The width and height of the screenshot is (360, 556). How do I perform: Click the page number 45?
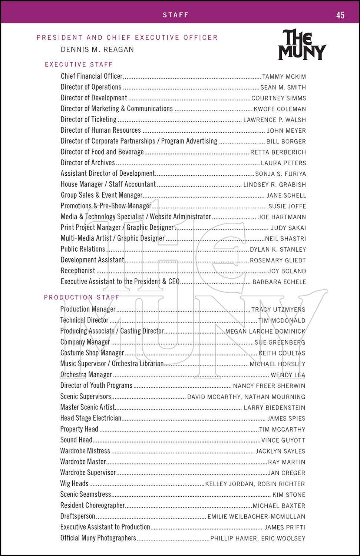coord(340,15)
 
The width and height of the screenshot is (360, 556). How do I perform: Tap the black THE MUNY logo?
coord(302,45)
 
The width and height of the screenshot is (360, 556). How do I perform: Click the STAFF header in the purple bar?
coord(176,15)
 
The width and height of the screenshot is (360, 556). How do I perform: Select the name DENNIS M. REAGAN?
coord(97,49)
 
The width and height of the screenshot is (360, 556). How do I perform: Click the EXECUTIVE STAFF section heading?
coord(79,64)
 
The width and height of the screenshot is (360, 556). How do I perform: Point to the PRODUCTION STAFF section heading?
coord(82,297)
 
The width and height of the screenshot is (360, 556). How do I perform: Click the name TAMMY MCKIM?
coord(284,77)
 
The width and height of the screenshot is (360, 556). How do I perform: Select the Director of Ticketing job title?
coord(89,119)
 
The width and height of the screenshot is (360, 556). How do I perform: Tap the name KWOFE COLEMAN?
coord(280,109)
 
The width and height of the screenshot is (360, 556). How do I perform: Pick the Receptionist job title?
coord(78,271)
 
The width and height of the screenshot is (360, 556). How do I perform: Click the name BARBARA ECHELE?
coord(279,282)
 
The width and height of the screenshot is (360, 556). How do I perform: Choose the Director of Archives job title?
coord(88,162)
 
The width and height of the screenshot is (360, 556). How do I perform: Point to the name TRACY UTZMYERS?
coord(278,310)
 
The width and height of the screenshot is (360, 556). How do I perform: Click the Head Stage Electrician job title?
coord(91,418)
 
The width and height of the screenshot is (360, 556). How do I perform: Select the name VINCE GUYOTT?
coord(283,440)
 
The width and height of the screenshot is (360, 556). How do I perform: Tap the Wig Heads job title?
coord(74,483)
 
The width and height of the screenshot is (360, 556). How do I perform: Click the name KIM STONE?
coord(289,495)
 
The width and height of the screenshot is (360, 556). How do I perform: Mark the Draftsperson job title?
coord(77,516)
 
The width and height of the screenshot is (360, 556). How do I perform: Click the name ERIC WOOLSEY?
coord(283,538)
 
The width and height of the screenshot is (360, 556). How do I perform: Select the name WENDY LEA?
coord(288,375)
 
